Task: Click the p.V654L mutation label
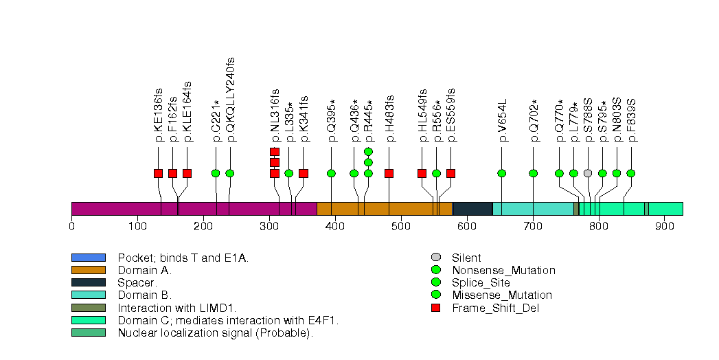pyautogui.click(x=502, y=120)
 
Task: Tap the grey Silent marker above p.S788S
pyautogui.click(x=588, y=173)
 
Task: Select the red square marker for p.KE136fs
pyautogui.click(x=158, y=173)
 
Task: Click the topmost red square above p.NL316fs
pyautogui.click(x=275, y=151)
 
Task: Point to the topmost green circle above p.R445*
pyautogui.click(x=368, y=151)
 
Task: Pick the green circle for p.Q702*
pyautogui.click(x=534, y=173)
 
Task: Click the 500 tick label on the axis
pyautogui.click(x=401, y=225)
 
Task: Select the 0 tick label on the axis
pyautogui.click(x=71, y=225)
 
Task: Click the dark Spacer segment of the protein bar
pyautogui.click(x=472, y=209)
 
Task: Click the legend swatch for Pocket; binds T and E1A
pyautogui.click(x=88, y=258)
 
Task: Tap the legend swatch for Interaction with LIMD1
pyautogui.click(x=88, y=308)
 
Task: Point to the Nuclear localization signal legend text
pyautogui.click(x=215, y=333)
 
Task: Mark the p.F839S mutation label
pyautogui.click(x=631, y=120)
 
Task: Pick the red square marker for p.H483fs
pyautogui.click(x=389, y=173)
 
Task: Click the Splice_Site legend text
pyautogui.click(x=481, y=283)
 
